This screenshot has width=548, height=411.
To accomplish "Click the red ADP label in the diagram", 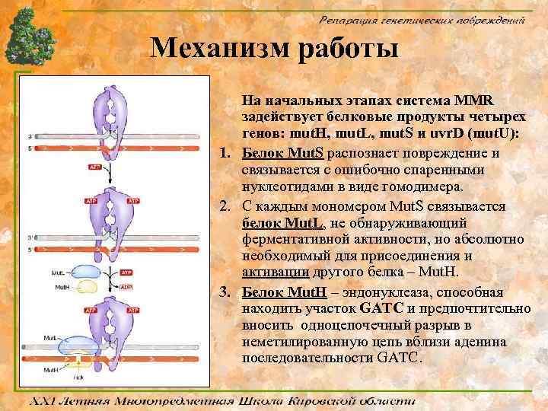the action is (133, 286).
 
